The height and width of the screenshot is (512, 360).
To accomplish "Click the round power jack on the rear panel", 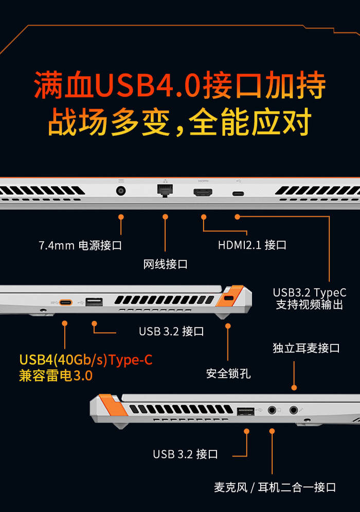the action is pos(121,191).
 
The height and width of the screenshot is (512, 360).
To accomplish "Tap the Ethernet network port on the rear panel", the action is pos(165,190).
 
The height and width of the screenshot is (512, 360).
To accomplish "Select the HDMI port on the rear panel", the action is pos(203,192).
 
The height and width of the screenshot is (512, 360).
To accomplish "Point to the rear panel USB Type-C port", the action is pos(238,194).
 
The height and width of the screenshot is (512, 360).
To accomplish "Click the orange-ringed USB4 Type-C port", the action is pos(66,302).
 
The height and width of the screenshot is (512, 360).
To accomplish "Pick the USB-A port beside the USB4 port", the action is pos(94,302).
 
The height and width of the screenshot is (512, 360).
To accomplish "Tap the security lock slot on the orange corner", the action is pos(229,298).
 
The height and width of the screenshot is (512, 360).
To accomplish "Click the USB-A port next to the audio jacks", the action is pos(246,411).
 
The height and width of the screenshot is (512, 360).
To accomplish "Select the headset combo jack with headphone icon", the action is pos(272,410).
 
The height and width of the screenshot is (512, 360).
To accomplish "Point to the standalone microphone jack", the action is pos(294,410).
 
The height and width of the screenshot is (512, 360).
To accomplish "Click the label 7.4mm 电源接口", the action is pos(80,245).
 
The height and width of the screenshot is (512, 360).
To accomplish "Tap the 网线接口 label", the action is pos(165,264).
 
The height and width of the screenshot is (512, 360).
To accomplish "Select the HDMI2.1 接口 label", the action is pos(252,245).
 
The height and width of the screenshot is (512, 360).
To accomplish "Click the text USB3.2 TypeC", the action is pos(310,292).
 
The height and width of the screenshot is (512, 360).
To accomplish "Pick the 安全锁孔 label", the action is pos(228,374).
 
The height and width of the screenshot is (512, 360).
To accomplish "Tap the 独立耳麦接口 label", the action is pos(306,348).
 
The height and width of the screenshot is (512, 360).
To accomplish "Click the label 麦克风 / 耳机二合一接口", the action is pos(275,487).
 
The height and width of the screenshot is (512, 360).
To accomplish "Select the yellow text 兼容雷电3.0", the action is pos(56,375).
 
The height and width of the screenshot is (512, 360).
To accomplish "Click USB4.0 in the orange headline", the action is pos(148,85).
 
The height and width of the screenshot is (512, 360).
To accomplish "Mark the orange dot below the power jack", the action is pos(121,217).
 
